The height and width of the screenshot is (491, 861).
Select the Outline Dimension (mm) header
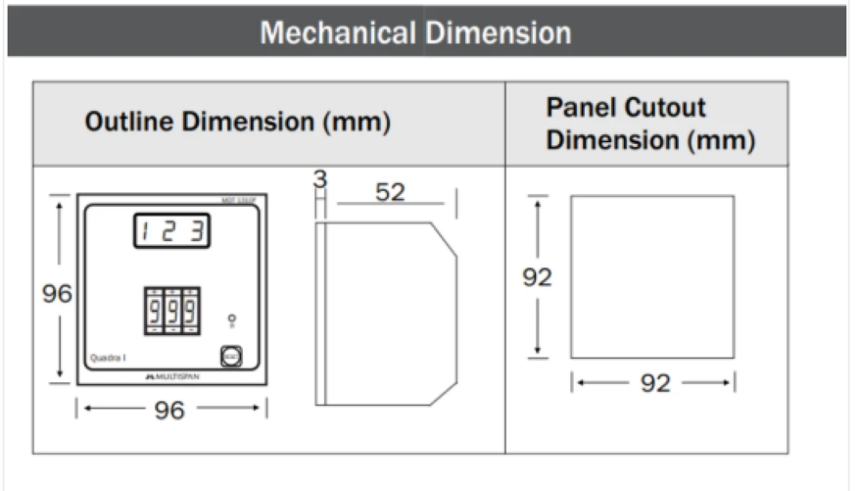point(237,123)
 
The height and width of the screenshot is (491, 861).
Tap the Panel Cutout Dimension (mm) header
point(650,123)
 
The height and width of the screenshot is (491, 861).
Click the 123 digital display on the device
point(172,232)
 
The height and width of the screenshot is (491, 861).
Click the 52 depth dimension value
point(389,192)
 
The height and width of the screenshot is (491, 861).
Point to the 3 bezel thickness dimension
point(318,179)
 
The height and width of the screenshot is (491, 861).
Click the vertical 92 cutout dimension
point(537,277)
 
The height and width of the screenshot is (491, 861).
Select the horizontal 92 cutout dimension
point(654,383)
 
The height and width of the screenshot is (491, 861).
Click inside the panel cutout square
point(652,277)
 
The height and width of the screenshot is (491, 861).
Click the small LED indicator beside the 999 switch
point(231,319)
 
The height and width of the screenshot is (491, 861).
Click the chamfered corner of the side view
point(445,238)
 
